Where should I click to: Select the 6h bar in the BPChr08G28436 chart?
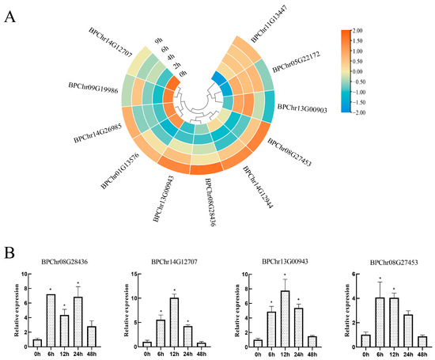(51, 320)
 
